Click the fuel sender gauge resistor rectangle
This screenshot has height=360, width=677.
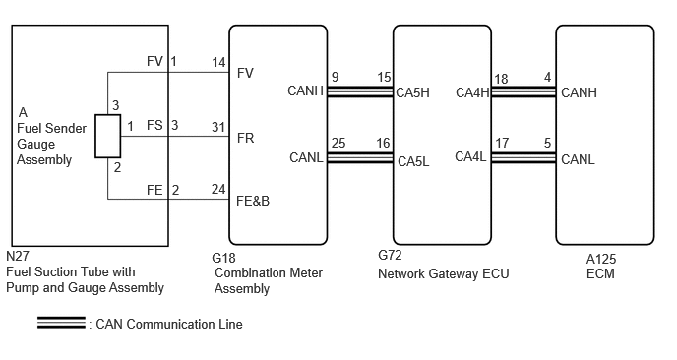pos(108,136)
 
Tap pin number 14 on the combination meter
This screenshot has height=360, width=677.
pos(218,63)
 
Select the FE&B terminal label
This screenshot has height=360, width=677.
pos(253,201)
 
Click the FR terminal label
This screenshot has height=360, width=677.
pos(245,138)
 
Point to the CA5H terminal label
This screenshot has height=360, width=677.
pos(412,92)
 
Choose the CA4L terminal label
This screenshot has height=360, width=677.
pos(470,156)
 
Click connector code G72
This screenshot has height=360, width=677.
pos(390,255)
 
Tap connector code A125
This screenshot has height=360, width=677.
pos(601,259)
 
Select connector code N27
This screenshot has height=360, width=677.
pos(18,256)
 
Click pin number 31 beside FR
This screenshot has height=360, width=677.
pos(218,127)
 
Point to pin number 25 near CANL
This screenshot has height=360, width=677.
pos(338,143)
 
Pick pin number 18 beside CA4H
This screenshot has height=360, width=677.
pos(501,79)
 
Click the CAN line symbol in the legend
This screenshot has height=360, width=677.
pos(61,323)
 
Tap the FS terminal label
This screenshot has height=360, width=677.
pos(154,125)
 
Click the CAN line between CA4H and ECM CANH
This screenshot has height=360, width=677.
pos(523,91)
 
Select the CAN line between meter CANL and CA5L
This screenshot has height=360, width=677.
pos(360,158)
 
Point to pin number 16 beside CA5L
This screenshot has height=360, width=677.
pos(383,143)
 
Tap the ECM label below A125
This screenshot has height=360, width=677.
pos(600,273)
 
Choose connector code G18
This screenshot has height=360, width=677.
pos(223,258)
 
